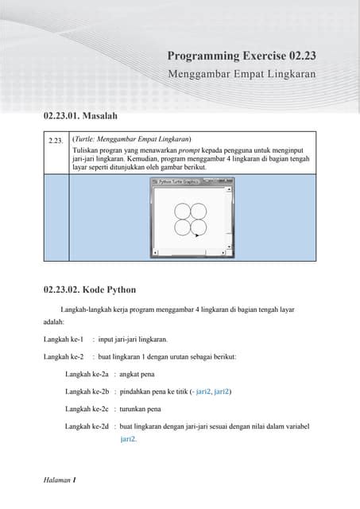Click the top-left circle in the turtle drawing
[x=182, y=210]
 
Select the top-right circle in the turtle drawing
[x=198, y=210]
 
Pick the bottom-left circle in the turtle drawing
[x=182, y=227]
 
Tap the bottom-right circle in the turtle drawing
[x=198, y=227]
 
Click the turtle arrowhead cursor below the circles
[x=196, y=236]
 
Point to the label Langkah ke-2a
[x=87, y=374]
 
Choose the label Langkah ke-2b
[x=87, y=391]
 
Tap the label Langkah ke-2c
[x=87, y=409]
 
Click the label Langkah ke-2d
[x=87, y=426]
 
